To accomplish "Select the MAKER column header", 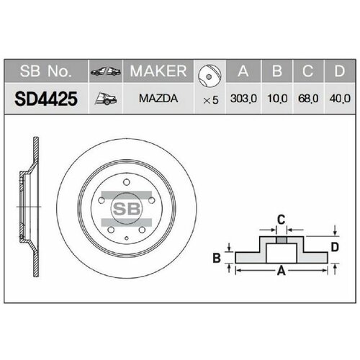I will click(x=158, y=72).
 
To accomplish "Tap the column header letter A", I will click(x=243, y=72).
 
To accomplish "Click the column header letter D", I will click(x=338, y=72).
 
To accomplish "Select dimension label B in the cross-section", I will click(x=215, y=257).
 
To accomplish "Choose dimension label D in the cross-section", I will click(x=334, y=247).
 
